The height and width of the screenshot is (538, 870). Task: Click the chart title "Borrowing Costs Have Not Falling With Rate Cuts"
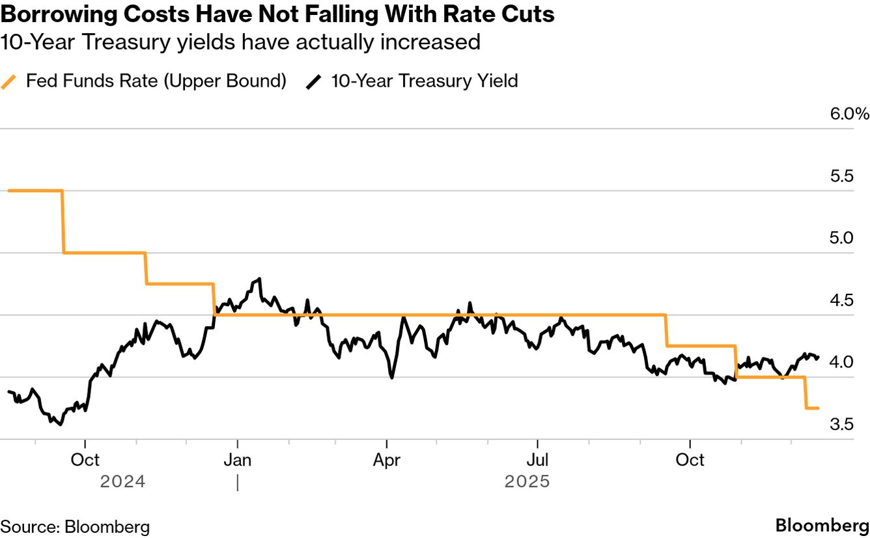click(277, 14)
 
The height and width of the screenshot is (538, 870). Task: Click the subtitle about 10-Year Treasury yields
click(240, 42)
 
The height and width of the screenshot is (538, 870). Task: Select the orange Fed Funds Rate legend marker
click(9, 81)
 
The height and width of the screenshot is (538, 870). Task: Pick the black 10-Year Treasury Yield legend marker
click(315, 81)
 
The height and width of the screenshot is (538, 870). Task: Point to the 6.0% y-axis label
click(849, 114)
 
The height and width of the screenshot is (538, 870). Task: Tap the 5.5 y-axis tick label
click(842, 177)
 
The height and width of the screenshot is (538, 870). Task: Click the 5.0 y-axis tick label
click(842, 238)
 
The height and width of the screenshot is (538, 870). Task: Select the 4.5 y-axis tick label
click(842, 301)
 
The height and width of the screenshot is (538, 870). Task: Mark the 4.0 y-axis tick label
click(842, 363)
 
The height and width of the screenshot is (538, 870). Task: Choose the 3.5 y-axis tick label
click(842, 425)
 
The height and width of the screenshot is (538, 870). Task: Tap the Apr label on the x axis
click(387, 460)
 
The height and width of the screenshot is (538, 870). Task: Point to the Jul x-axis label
click(537, 460)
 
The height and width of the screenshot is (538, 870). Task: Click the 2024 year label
click(122, 482)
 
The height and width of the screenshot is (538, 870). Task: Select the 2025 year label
click(527, 482)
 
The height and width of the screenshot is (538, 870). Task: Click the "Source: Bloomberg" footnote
click(75, 526)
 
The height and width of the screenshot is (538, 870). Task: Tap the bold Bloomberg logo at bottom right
click(822, 526)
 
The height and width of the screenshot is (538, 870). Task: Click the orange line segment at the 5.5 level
click(35, 191)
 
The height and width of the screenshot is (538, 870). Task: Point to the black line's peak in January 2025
click(260, 279)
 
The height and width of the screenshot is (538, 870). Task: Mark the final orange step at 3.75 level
click(812, 408)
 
